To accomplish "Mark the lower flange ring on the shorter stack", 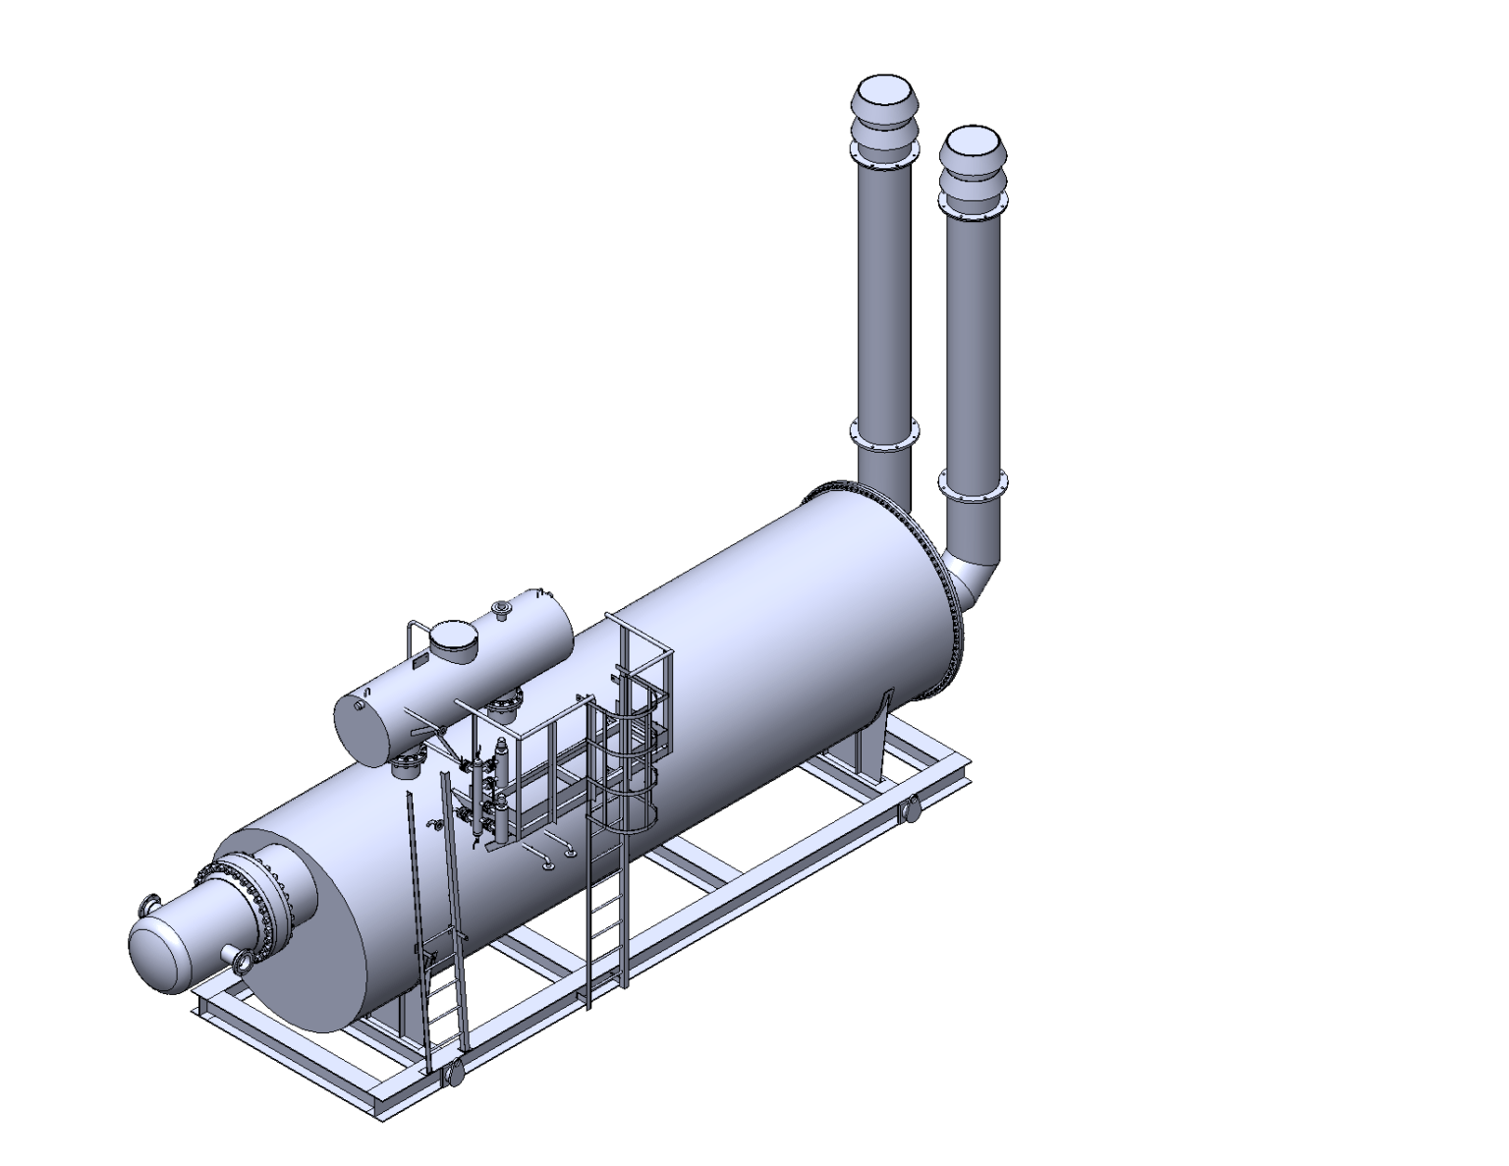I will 973,485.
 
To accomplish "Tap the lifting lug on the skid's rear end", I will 910,809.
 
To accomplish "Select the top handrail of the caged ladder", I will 639,639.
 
